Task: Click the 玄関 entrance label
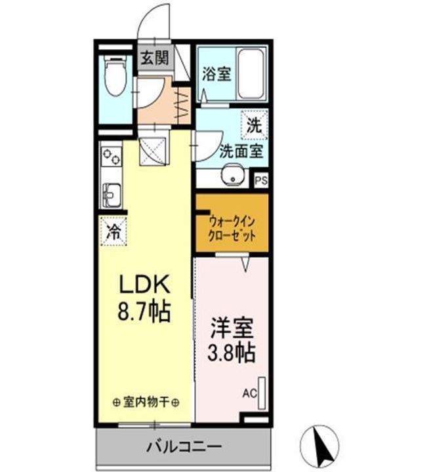(x=154, y=57)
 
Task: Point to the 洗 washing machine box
(x=255, y=126)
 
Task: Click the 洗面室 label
(x=241, y=151)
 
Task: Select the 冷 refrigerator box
(x=113, y=230)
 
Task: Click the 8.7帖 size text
(x=144, y=310)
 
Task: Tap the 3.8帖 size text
(x=232, y=353)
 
